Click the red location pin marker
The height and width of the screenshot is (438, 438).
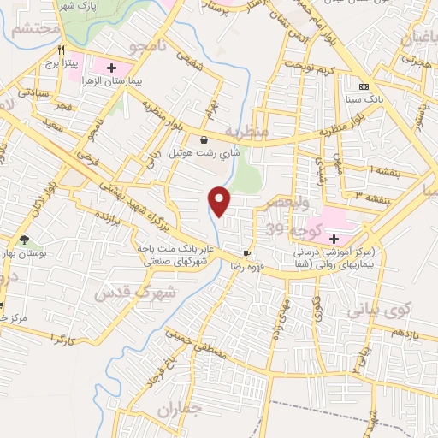(x=221, y=201)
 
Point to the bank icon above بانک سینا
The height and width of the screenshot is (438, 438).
(x=364, y=87)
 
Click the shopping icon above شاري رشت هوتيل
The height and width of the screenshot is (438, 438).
(x=203, y=140)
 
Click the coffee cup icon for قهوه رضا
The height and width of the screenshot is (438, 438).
(x=246, y=253)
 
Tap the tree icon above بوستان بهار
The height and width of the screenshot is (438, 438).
(x=23, y=240)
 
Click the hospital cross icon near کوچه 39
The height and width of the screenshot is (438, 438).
(x=334, y=237)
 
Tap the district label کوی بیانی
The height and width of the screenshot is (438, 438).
(x=381, y=308)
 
